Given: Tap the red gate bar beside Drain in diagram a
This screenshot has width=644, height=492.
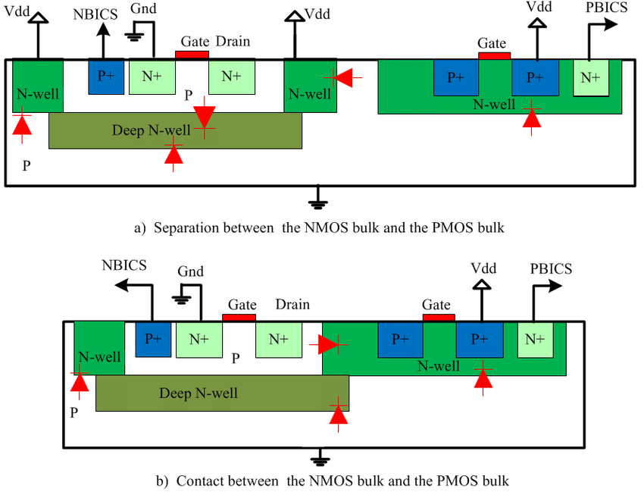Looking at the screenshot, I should point(192,55).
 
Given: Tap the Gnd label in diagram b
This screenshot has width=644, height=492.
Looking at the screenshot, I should point(190,271).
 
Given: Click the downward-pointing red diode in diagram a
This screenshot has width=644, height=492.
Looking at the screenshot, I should point(204,117).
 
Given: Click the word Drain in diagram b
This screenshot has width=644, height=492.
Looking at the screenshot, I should point(292,304).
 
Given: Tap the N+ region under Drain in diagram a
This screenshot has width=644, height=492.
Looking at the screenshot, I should point(230,77).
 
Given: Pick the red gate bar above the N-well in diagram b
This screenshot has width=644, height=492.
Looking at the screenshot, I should point(439,318).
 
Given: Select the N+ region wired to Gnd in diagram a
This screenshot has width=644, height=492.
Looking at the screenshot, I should point(150,77).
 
